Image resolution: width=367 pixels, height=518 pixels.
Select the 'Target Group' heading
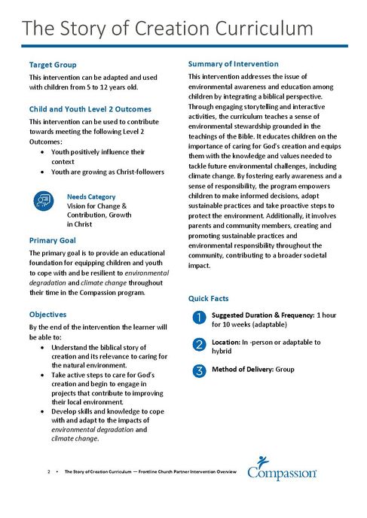52,65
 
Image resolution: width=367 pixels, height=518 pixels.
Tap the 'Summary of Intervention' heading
233,64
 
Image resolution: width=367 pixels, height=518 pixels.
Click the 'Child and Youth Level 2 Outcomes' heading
90,108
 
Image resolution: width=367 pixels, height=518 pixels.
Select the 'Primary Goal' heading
54,240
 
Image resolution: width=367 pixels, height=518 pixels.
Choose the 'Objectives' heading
47,314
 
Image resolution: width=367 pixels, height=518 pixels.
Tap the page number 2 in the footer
48,472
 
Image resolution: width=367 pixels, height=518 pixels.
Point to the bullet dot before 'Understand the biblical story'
43,349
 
